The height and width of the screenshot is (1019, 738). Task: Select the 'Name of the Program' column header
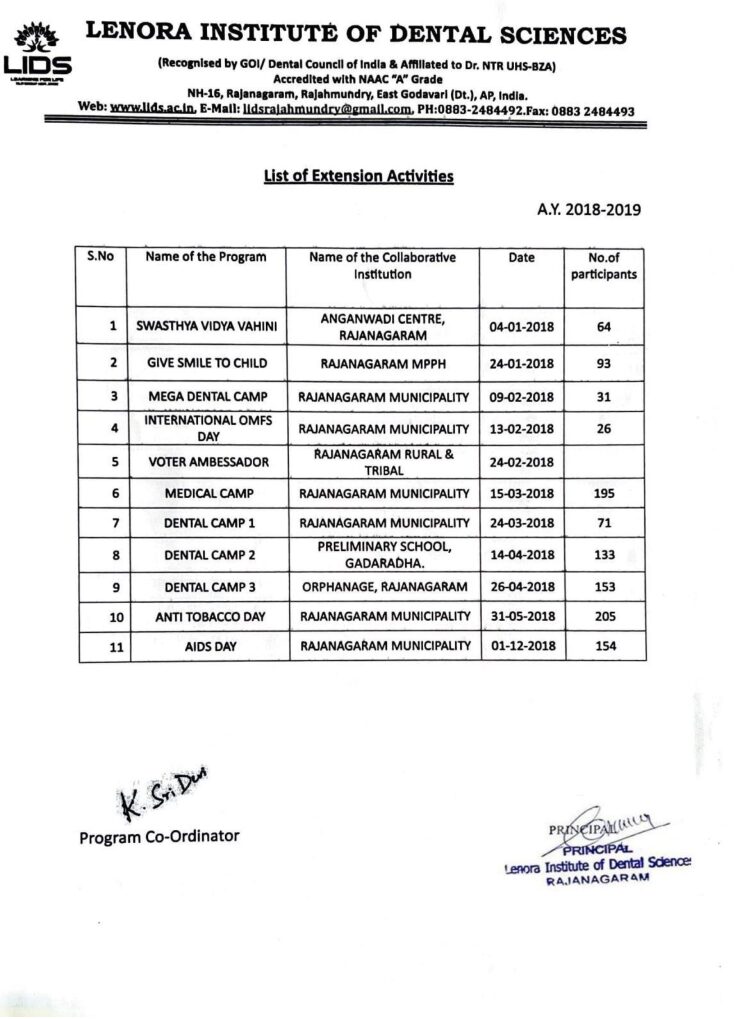[206, 257]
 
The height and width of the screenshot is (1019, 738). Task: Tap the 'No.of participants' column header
[604, 265]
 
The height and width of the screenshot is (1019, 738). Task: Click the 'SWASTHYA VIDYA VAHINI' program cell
[206, 326]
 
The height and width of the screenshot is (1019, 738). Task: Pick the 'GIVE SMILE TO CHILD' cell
[206, 362]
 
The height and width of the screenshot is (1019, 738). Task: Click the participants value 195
[603, 493]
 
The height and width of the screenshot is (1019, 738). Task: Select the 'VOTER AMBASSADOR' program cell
[206, 462]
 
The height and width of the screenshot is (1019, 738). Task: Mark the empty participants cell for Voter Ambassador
[604, 462]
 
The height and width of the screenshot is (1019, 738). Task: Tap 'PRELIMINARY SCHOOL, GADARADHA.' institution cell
[385, 554]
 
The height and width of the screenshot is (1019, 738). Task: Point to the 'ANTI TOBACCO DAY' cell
[206, 617]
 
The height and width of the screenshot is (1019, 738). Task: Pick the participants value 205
[603, 617]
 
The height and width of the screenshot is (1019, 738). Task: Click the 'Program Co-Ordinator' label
[159, 836]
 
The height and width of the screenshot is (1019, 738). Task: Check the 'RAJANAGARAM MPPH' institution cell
[385, 362]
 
